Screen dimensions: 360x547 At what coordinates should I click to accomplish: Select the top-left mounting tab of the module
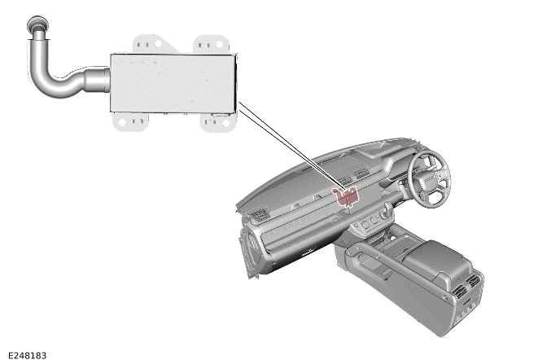(x=147, y=43)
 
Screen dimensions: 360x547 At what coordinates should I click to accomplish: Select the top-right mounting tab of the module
(x=211, y=43)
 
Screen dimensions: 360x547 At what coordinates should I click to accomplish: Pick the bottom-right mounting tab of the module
(x=217, y=123)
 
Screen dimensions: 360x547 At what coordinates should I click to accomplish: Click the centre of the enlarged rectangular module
(x=173, y=83)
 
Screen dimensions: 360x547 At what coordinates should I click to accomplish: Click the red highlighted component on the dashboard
(x=348, y=194)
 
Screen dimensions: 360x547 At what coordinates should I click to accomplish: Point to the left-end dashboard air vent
(x=260, y=214)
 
